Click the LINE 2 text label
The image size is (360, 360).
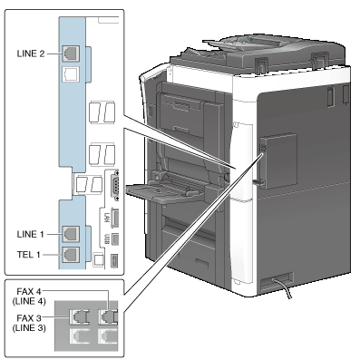tap(31, 54)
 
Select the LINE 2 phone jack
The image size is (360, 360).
tap(71, 54)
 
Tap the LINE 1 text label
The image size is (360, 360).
tap(30, 234)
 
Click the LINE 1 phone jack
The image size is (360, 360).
tap(71, 234)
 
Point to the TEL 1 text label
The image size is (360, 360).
tap(28, 255)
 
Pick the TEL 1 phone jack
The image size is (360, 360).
tap(71, 255)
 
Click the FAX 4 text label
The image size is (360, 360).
tap(29, 292)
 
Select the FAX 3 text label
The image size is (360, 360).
tap(29, 318)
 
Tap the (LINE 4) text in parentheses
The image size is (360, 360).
tap(29, 301)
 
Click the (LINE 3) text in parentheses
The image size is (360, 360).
tap(29, 328)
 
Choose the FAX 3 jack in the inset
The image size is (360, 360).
tap(80, 317)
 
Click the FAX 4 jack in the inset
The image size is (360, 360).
tap(108, 317)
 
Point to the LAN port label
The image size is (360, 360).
tap(106, 218)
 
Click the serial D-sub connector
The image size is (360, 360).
tap(115, 185)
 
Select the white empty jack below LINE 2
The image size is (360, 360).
tap(71, 74)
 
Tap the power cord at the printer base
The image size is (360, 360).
tap(283, 287)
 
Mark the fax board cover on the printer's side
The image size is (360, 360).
tap(278, 161)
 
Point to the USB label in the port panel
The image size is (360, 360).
tap(106, 238)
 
